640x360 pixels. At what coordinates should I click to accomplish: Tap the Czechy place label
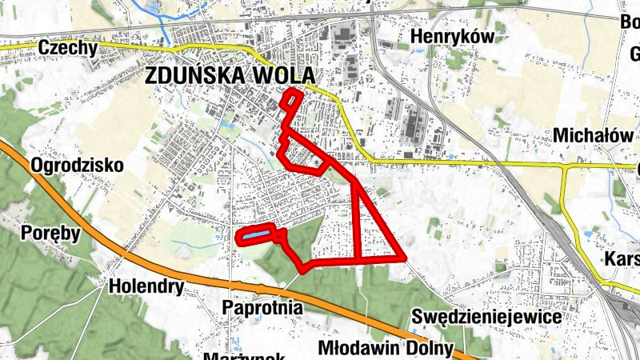68,49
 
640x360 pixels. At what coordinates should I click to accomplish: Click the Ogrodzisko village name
77,166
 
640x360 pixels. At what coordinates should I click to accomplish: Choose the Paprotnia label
263,306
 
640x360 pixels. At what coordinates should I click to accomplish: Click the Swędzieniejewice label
486,317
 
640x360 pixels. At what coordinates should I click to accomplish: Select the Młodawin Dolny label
386,349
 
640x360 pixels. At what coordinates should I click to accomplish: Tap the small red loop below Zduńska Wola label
294,100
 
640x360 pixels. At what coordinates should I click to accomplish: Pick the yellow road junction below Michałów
566,168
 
